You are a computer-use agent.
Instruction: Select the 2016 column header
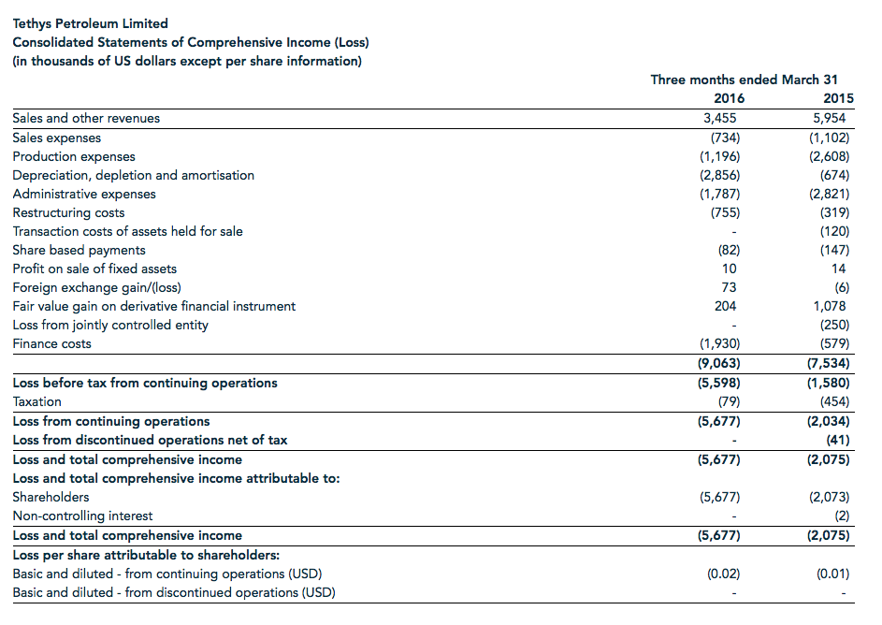pyautogui.click(x=729, y=98)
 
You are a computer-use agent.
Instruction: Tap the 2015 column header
pyautogui.click(x=838, y=98)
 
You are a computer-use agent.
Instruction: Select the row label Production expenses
pyautogui.click(x=74, y=156)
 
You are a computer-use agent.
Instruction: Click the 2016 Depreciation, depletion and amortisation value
pyautogui.click(x=718, y=175)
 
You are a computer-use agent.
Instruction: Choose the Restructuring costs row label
pyautogui.click(x=68, y=212)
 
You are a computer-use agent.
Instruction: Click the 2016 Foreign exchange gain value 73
pyautogui.click(x=729, y=287)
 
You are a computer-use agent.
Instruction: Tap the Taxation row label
pyautogui.click(x=37, y=401)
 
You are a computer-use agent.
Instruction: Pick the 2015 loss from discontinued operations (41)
pyautogui.click(x=837, y=440)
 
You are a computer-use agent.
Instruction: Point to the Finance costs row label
pyautogui.click(x=52, y=343)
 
